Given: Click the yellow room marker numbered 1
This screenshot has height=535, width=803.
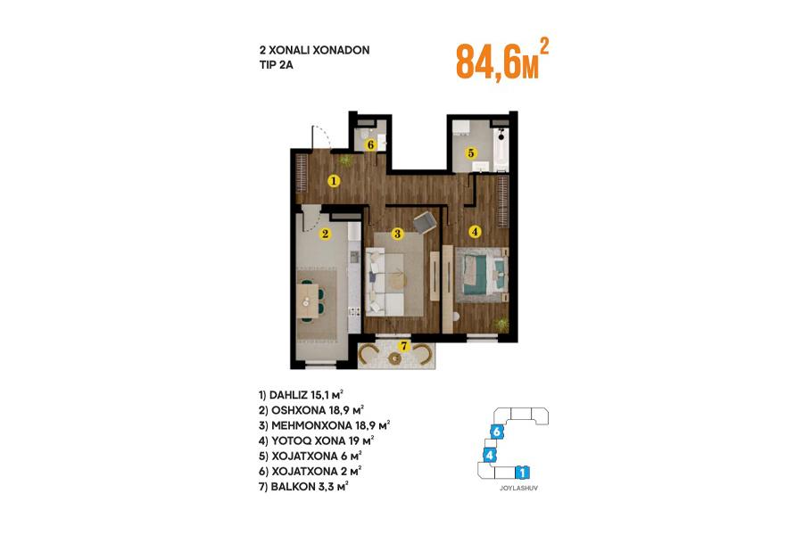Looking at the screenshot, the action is point(334,180).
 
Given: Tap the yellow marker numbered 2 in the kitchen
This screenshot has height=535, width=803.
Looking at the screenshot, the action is point(325,235).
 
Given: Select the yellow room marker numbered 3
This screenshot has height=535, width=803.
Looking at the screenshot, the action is point(397,234).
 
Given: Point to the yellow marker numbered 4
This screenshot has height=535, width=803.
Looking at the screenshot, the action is point(475,232).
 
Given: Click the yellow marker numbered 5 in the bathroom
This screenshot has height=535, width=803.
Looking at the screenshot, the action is point(470,152).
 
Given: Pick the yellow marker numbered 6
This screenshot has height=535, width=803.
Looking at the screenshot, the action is point(370,144).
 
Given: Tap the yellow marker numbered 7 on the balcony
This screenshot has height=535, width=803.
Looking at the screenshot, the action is point(404,346).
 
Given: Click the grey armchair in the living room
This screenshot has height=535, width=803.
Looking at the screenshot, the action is point(425,222).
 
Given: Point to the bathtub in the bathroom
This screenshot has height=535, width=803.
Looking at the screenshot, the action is point(501,150).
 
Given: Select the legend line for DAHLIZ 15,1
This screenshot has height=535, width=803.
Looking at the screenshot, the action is point(301,395).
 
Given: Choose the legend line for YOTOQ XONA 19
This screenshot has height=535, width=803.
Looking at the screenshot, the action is point(316,440).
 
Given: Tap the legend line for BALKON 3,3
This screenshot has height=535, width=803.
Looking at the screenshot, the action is point(303,486).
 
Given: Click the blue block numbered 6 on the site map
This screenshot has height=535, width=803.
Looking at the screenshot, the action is point(496,432).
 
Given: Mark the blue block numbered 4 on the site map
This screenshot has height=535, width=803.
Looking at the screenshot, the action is point(490,455).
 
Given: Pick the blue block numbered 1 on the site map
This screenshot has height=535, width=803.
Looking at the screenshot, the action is point(521,472).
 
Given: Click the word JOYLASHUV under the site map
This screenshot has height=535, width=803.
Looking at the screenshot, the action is point(518,489).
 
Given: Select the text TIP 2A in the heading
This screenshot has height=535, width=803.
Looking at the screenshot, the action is point(277,65).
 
